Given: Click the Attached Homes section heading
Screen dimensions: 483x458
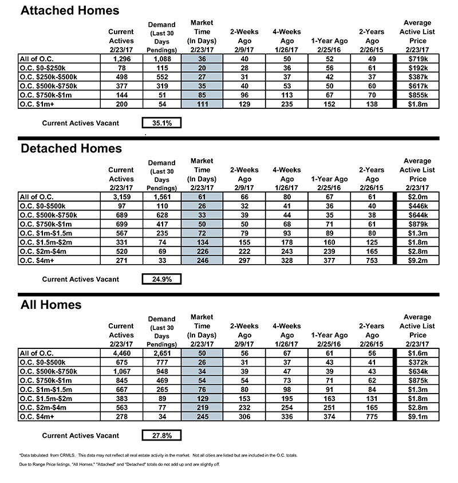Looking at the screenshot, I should click(70, 10).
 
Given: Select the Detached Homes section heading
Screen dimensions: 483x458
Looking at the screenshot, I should click(72, 148).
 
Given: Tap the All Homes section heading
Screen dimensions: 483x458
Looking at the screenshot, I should click(51, 304).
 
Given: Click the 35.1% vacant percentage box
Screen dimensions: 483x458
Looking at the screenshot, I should click(161, 123).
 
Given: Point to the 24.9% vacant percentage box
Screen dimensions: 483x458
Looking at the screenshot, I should click(161, 279).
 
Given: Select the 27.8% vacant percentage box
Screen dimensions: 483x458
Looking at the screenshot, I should click(161, 435).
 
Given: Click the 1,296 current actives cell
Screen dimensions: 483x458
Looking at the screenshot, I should click(121, 58).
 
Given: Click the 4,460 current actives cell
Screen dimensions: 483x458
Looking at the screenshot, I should click(121, 353).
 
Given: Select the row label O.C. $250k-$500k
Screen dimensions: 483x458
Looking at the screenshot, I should click(46, 77).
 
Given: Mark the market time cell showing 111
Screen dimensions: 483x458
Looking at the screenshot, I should click(201, 104).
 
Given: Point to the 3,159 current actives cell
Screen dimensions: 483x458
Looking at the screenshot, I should click(121, 197).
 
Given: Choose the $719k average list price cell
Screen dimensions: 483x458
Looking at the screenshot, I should click(417, 58).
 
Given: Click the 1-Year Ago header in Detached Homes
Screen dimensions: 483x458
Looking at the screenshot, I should click(329, 179).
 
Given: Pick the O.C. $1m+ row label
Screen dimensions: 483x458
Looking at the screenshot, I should click(35, 104).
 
